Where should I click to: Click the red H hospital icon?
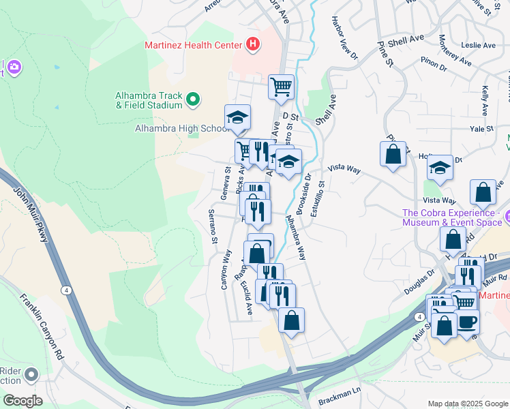click(x=253, y=46)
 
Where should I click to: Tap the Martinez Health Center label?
click(x=194, y=46)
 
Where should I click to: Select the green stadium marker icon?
click(x=193, y=100)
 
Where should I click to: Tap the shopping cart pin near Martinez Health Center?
click(x=281, y=87)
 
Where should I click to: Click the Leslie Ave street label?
click(x=478, y=46)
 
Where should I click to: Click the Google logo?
click(x=22, y=401)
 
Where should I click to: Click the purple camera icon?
click(x=14, y=67)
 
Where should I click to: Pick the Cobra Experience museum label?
click(x=451, y=217)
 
